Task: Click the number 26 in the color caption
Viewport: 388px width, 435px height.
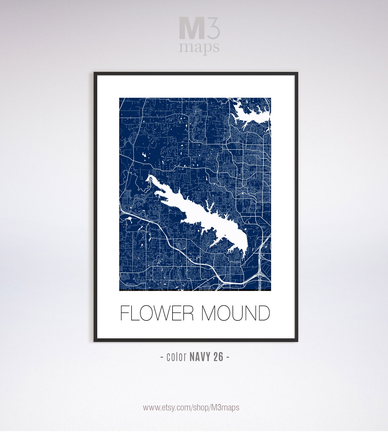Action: (x=218, y=357)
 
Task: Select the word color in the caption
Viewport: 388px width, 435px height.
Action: (x=177, y=357)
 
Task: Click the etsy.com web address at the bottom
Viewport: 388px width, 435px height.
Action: (x=191, y=408)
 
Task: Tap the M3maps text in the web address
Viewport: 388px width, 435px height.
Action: (x=225, y=408)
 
